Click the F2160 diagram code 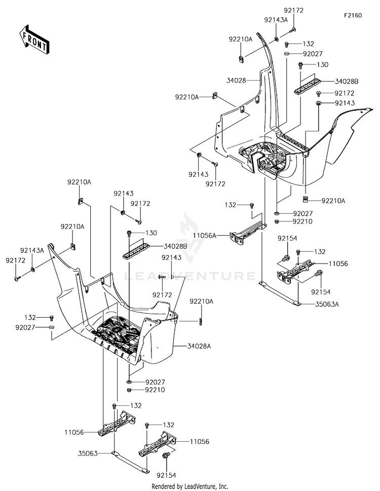(x=353, y=15)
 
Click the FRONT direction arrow (x=33, y=40)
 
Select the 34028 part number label (x=236, y=81)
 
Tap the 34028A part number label (x=200, y=346)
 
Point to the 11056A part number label (x=205, y=236)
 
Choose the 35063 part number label (x=88, y=453)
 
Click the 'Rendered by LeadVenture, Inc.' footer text (x=189, y=486)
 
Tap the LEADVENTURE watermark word (x=190, y=276)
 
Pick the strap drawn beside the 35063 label (x=130, y=462)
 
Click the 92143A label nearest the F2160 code (x=276, y=20)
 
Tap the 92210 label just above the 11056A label (x=302, y=221)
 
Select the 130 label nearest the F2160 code (x=322, y=64)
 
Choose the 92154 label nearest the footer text (x=166, y=475)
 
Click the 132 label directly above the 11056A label (x=230, y=205)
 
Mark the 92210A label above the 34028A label (x=201, y=301)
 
